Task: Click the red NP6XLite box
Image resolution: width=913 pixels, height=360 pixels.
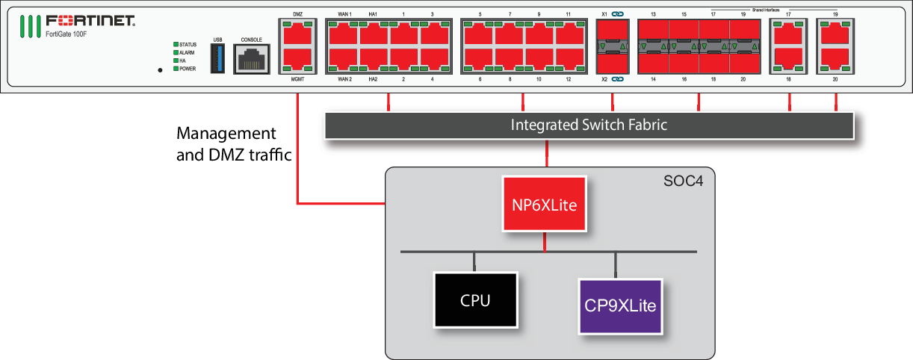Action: coord(544,204)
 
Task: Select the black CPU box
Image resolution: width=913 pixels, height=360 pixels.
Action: coord(475,300)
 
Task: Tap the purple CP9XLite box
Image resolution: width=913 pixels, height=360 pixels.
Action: coord(621,305)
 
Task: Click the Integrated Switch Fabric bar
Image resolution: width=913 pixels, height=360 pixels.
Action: coord(589,125)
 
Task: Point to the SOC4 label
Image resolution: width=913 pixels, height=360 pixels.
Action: coord(683,181)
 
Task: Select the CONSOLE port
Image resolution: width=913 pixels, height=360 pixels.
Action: coord(250,58)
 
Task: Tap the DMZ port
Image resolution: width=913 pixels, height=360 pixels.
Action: coord(298,34)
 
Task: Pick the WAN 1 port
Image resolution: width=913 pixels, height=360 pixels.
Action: coord(344,34)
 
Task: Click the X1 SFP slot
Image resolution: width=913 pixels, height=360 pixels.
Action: coord(611,34)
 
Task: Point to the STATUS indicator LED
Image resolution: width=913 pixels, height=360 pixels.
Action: coord(176,45)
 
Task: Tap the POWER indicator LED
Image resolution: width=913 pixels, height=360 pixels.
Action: coord(176,69)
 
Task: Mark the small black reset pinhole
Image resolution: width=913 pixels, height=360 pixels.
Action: coord(160,69)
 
